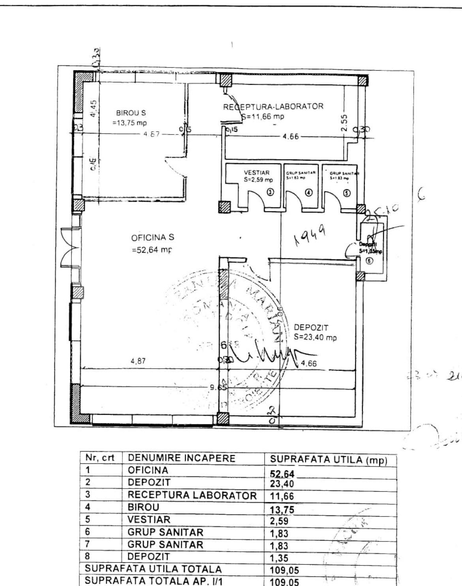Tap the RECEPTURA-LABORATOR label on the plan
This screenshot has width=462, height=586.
pyautogui.click(x=273, y=106)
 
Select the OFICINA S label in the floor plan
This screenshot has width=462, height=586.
pyautogui.click(x=152, y=238)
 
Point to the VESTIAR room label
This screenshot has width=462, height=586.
pyautogui.click(x=256, y=173)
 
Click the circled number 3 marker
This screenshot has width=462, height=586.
pyautogui.click(x=270, y=192)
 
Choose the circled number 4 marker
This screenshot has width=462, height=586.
pyautogui.click(x=309, y=192)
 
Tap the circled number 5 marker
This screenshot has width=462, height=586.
pyautogui.click(x=347, y=193)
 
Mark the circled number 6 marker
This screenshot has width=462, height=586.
pyautogui.click(x=369, y=260)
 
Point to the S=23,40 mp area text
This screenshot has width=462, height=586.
pyautogui.click(x=315, y=338)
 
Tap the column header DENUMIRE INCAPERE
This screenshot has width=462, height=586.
pyautogui.click(x=182, y=458)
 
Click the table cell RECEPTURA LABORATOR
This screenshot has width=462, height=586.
pyautogui.click(x=192, y=495)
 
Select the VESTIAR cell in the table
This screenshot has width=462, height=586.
pyautogui.click(x=149, y=520)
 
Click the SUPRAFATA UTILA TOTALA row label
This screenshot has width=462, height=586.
pyautogui.click(x=153, y=569)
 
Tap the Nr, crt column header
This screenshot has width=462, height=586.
pyautogui.click(x=100, y=458)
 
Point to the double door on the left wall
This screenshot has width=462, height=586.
pyautogui.click(x=70, y=248)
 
